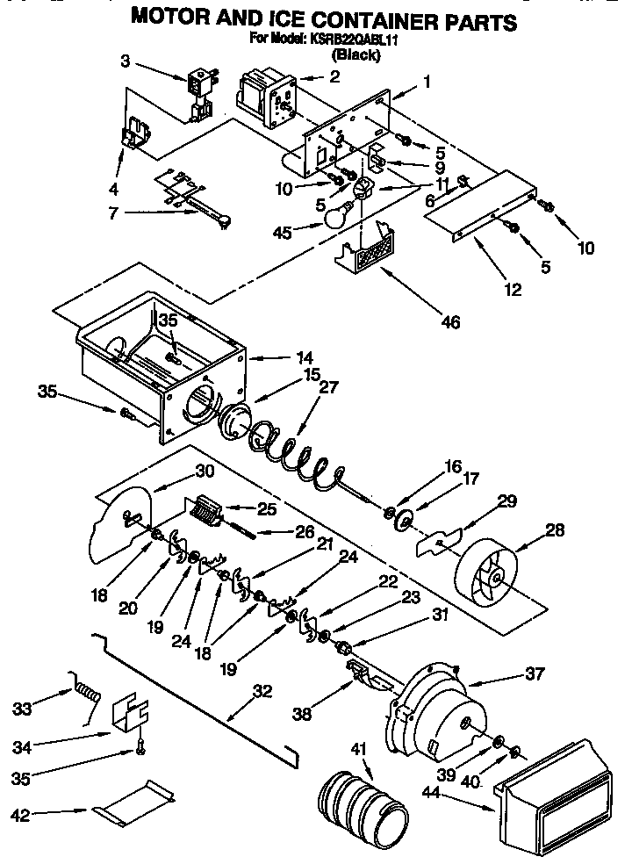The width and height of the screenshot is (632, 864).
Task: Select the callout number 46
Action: [x=450, y=322]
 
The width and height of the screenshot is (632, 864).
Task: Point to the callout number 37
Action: [x=534, y=674]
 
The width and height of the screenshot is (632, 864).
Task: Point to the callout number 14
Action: [x=305, y=357]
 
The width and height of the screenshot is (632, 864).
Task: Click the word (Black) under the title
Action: [x=355, y=54]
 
